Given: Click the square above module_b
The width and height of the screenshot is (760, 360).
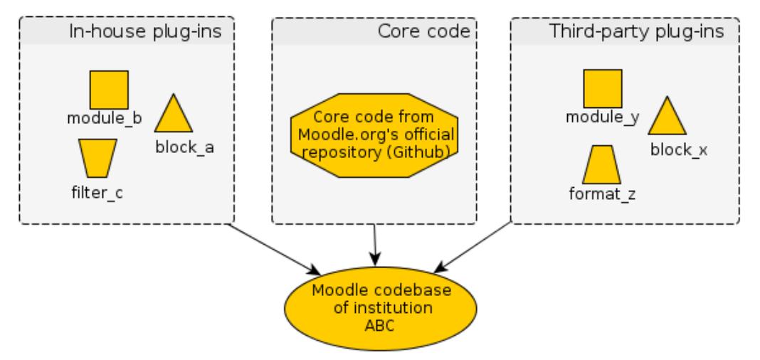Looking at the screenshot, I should point(109,90).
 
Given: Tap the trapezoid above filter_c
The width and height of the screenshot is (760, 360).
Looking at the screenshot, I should point(97,157).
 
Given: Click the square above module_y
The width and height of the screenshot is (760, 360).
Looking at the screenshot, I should point(602,89).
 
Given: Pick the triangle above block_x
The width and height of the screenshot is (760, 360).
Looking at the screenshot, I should point(667,118).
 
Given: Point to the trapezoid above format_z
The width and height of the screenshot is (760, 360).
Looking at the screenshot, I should point(602,165).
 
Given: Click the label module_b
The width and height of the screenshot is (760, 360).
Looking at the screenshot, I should point(104,118).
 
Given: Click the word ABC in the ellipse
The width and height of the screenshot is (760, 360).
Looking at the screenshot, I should point(374,326).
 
